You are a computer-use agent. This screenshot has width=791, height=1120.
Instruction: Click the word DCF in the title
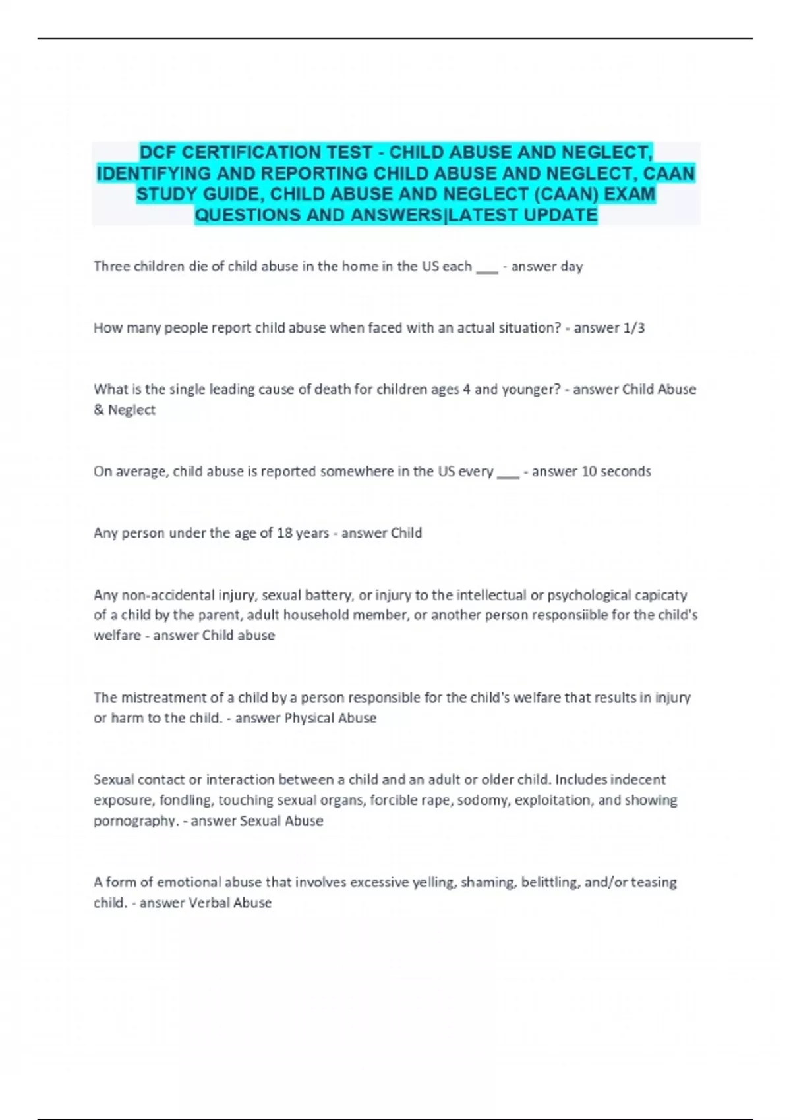[x=158, y=152]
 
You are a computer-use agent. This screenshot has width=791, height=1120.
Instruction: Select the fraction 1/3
[x=634, y=327]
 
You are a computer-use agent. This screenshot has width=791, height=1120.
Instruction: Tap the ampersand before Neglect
[x=99, y=410]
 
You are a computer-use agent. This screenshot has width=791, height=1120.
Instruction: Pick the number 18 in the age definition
[x=285, y=532]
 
